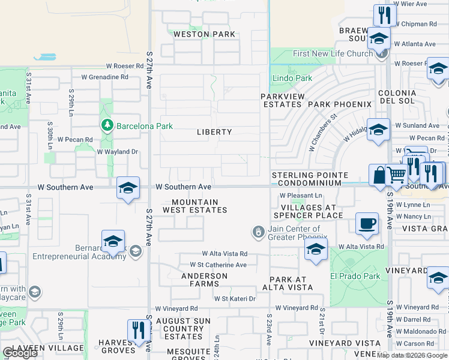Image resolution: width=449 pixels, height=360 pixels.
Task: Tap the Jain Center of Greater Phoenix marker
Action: (259, 231)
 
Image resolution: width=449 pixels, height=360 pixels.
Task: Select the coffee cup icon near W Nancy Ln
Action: (366, 224)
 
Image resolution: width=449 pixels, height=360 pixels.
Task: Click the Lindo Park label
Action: (292, 78)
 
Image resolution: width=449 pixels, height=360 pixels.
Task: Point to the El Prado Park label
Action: (355, 277)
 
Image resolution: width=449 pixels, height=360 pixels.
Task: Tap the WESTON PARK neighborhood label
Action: (204, 34)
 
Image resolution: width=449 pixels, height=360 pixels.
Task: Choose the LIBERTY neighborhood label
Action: (214, 132)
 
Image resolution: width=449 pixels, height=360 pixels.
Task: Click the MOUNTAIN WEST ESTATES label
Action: (199, 206)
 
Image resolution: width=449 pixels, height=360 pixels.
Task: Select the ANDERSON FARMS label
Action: (205, 280)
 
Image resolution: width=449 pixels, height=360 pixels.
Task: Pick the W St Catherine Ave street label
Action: (218, 265)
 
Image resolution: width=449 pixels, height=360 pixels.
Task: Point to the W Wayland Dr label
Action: (118, 152)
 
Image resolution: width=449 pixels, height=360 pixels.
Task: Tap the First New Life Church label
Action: (333, 54)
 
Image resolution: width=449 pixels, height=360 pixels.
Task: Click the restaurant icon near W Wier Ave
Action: (384, 14)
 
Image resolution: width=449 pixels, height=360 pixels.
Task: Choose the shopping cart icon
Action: (396, 175)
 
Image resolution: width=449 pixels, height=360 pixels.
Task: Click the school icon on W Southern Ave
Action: (128, 188)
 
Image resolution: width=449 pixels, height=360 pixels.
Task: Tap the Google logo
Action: (20, 353)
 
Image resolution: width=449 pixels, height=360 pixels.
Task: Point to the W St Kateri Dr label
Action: (235, 299)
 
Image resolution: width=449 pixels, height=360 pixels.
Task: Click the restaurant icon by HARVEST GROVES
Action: (138, 329)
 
